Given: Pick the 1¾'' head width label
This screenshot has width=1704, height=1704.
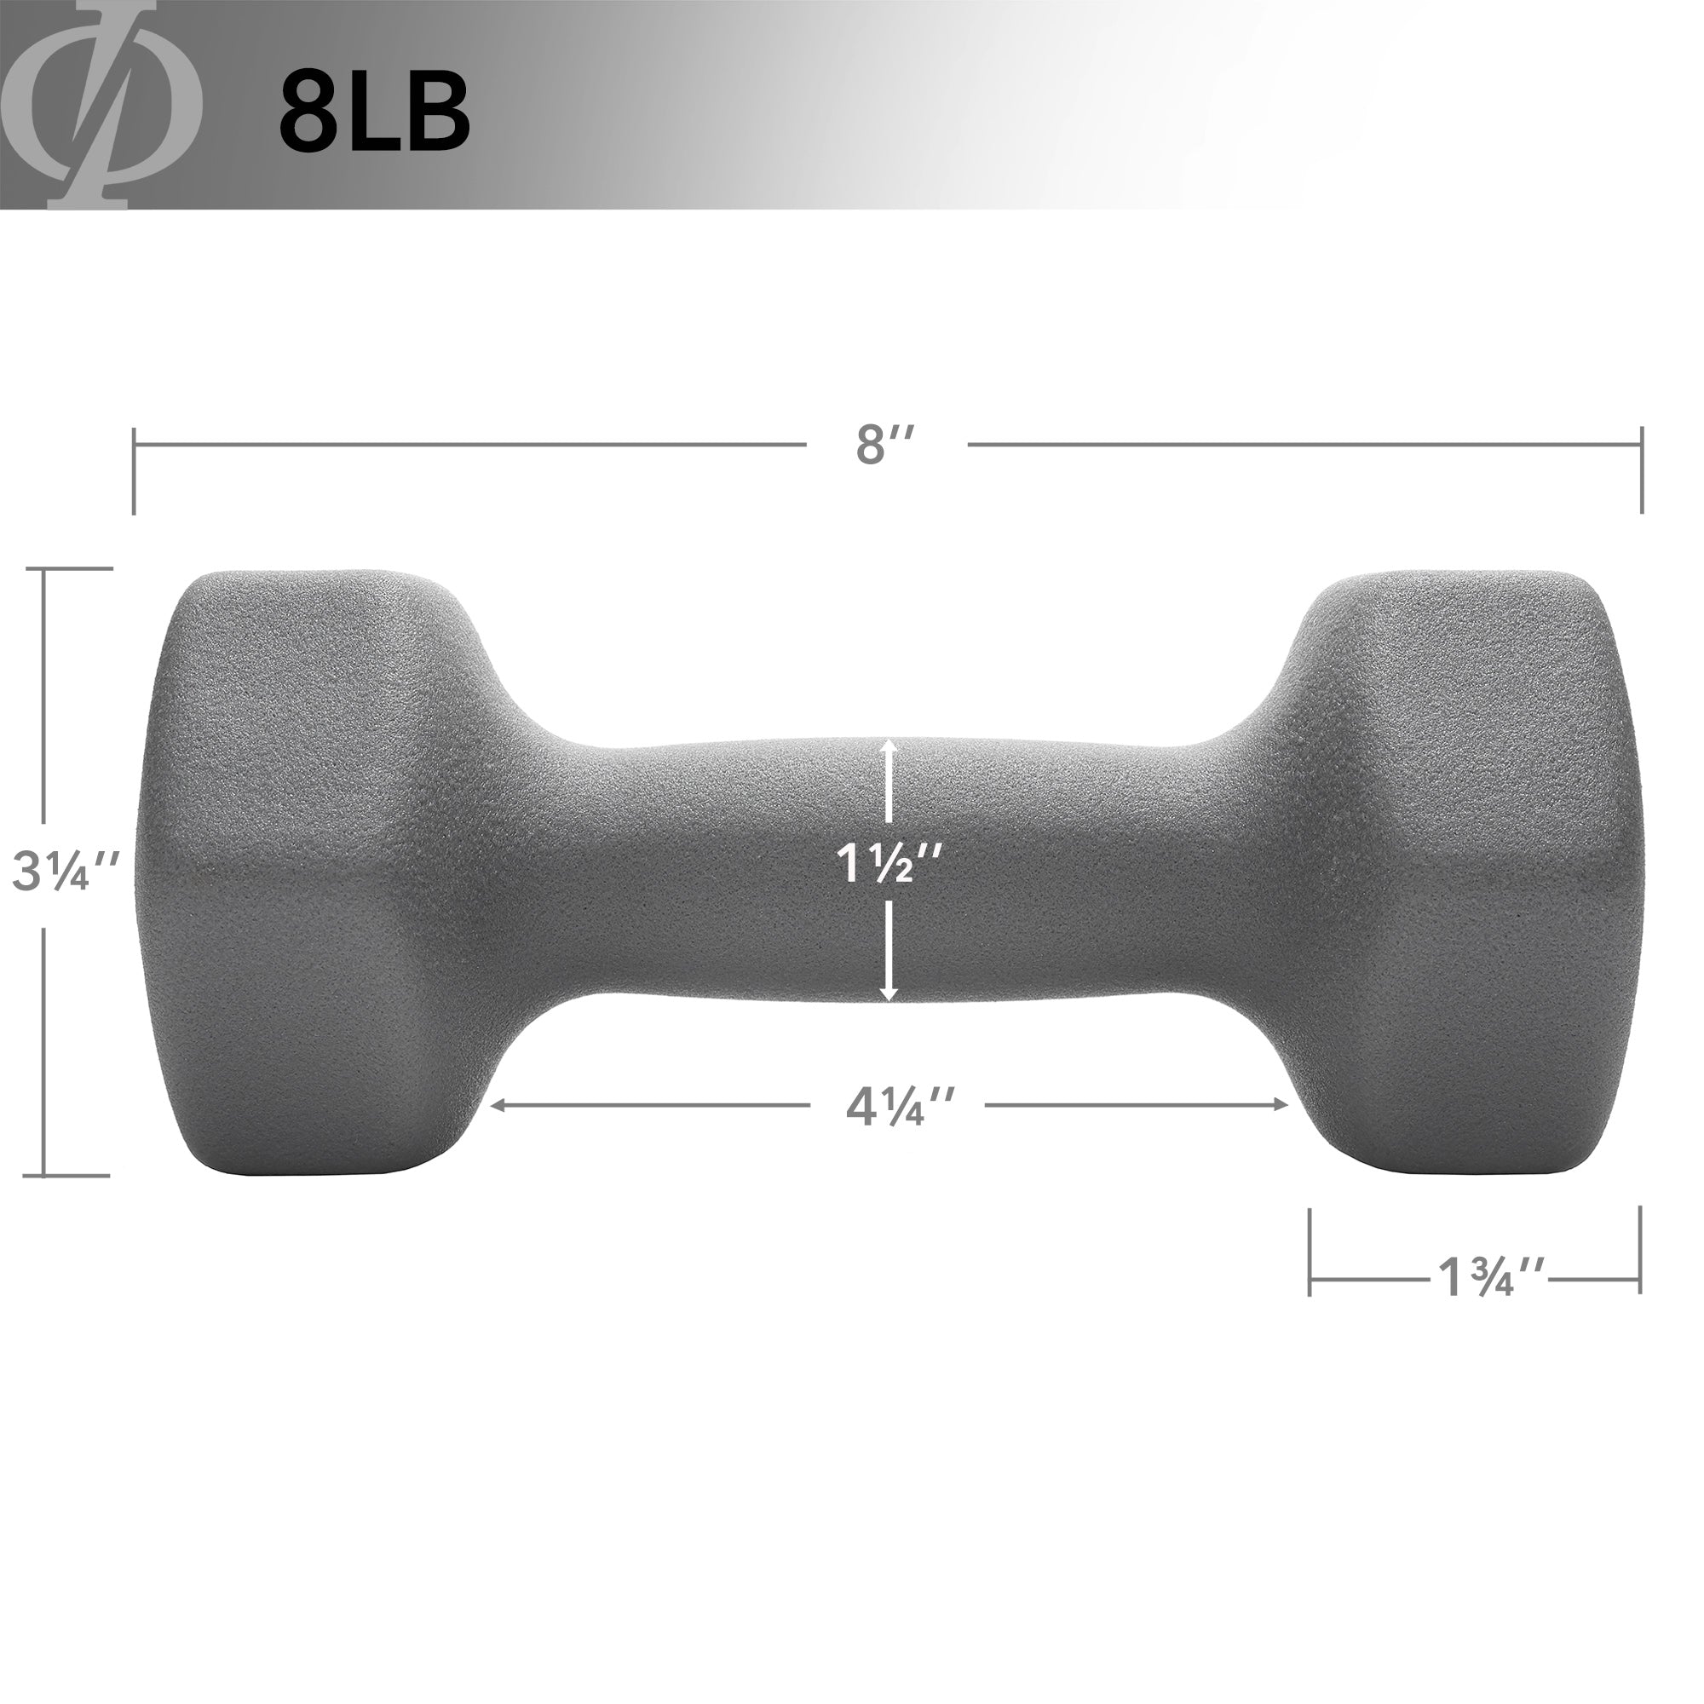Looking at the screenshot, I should (1489, 1276).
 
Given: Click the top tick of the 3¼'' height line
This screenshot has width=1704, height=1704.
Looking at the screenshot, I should (78, 569).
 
